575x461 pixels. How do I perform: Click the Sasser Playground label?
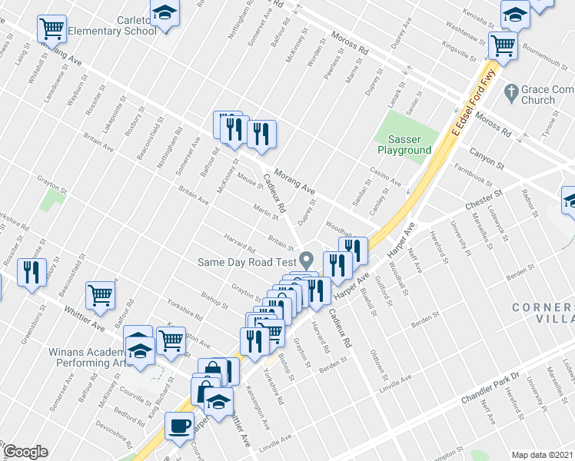[404, 144]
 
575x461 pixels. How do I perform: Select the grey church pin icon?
[510, 92]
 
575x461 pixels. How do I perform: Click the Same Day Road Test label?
[246, 262]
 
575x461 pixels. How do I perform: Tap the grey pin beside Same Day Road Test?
[307, 260]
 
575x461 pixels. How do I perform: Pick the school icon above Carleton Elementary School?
[165, 13]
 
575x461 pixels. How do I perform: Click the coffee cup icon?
[180, 425]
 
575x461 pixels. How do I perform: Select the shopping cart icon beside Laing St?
[52, 29]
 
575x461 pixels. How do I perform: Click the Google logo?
[25, 452]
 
